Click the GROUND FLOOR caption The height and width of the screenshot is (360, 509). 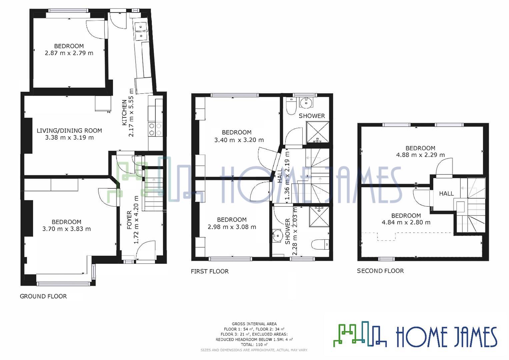point(43,296)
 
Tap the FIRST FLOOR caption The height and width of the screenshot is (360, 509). point(210,271)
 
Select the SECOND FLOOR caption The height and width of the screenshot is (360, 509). point(380,271)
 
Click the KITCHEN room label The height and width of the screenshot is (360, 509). point(124,113)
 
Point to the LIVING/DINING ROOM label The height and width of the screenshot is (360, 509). point(69,130)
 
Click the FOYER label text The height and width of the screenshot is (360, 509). point(129,220)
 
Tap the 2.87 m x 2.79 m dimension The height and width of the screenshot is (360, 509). point(69,53)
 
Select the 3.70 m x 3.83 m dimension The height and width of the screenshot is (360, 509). point(67,229)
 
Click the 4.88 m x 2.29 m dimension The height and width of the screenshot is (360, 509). point(420,155)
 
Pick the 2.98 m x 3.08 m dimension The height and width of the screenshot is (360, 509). point(232,227)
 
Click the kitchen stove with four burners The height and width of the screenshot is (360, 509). point(155,129)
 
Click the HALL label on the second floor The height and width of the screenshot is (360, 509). point(446,193)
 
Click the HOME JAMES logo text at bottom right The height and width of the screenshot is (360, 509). point(446,337)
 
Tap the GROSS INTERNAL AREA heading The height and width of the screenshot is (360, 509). point(254,324)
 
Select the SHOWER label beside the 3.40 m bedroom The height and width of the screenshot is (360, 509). point(312,116)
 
